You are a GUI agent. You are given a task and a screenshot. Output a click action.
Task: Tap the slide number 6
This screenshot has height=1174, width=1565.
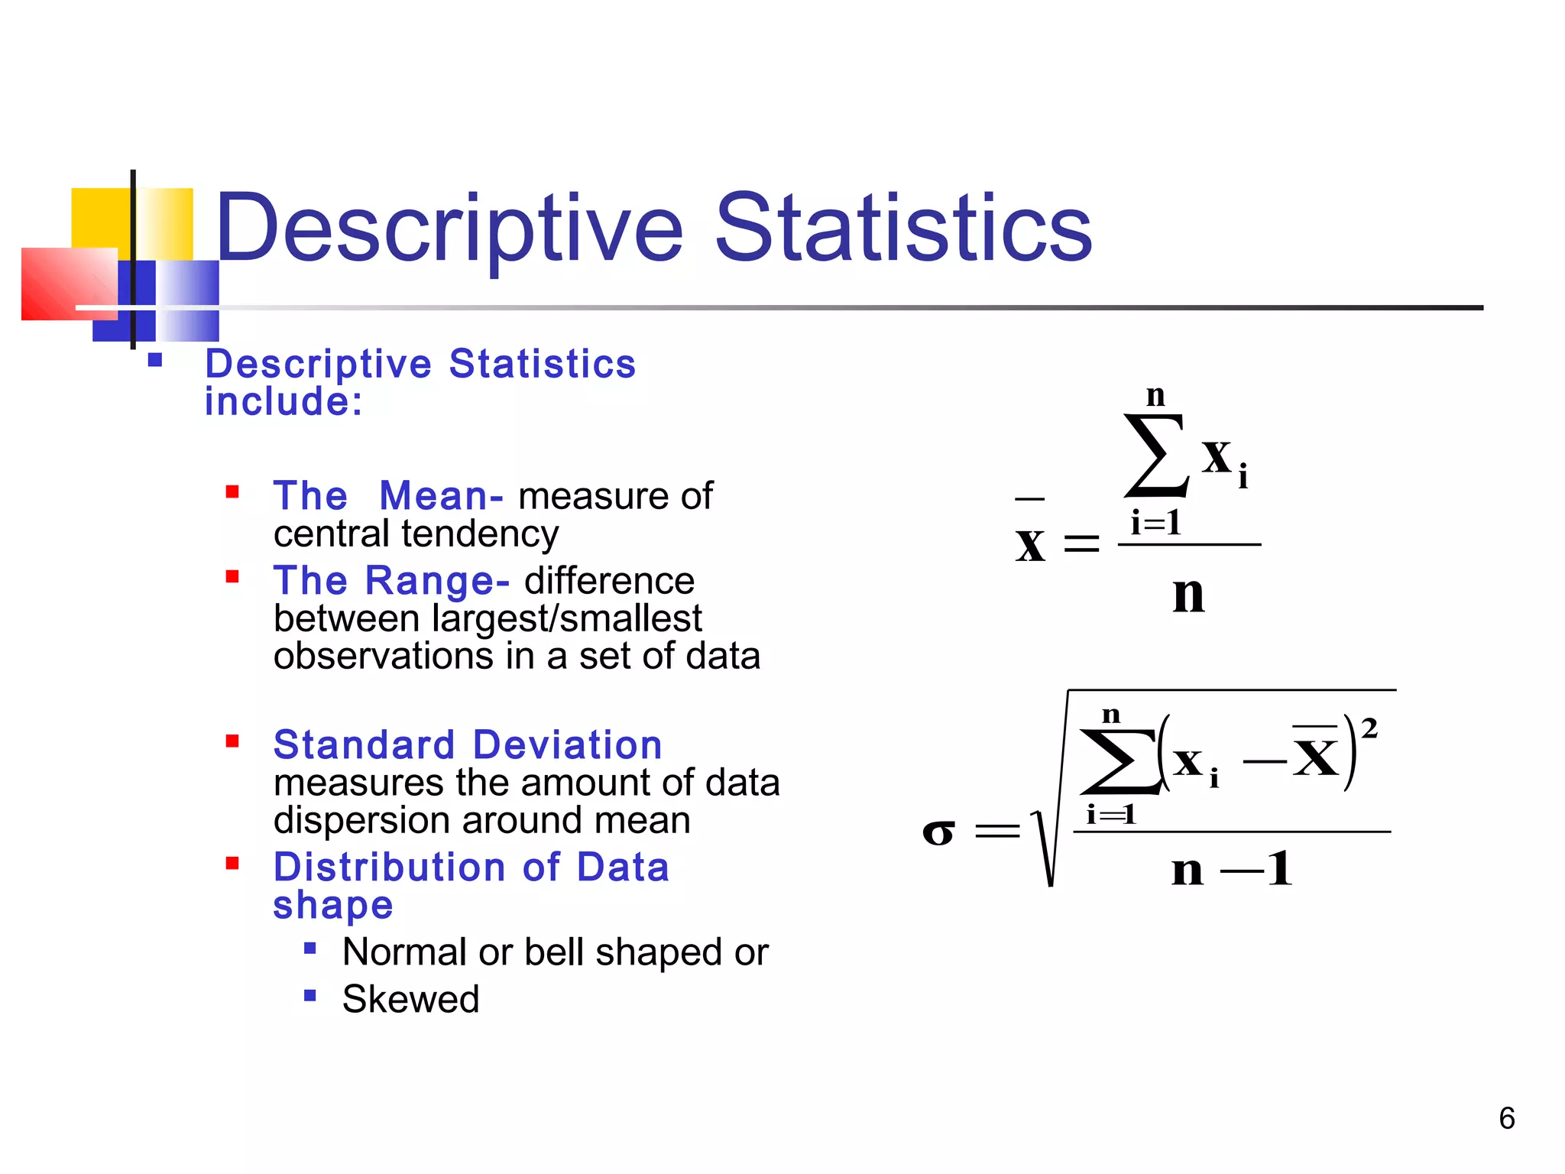point(1506,1118)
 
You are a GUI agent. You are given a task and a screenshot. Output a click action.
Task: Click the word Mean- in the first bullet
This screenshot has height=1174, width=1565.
point(441,496)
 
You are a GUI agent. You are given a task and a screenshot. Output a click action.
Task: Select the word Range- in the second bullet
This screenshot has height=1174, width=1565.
point(437,581)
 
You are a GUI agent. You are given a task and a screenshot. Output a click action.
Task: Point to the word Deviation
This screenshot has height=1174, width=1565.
point(567,745)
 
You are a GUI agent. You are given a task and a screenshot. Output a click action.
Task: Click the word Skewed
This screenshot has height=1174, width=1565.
point(410,999)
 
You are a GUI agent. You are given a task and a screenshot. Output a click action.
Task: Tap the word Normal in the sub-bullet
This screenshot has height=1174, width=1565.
point(404,952)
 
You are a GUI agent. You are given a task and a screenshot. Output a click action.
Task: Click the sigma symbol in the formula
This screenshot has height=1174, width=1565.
point(938,832)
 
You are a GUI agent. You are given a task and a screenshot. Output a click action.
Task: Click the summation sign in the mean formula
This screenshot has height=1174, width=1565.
point(1155,456)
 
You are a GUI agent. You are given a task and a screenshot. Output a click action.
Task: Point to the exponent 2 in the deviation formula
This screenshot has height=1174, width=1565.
point(1369,728)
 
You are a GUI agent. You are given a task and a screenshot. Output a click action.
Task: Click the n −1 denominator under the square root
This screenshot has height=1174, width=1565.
point(1230,869)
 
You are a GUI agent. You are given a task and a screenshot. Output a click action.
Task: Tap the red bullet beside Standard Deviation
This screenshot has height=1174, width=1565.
point(232,741)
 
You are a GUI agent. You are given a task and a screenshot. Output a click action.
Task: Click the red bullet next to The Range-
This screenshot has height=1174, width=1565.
point(232,576)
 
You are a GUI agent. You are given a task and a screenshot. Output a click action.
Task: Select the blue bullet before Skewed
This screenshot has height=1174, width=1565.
point(309,995)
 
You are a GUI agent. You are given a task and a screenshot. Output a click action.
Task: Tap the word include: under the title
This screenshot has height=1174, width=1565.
point(284,402)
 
